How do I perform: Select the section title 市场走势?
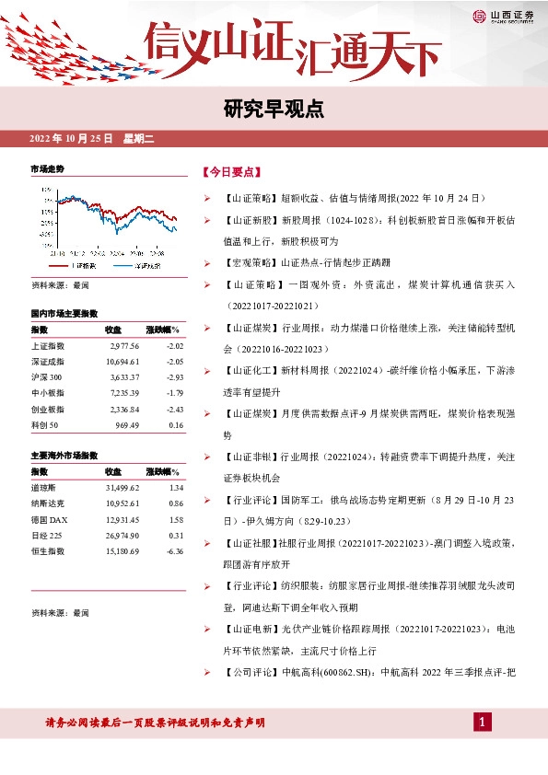[x=48, y=170]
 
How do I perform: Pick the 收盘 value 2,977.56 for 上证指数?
[x=122, y=346]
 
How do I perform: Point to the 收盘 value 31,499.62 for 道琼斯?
[x=122, y=488]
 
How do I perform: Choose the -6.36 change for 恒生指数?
[x=170, y=550]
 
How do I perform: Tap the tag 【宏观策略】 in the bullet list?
[x=248, y=262]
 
